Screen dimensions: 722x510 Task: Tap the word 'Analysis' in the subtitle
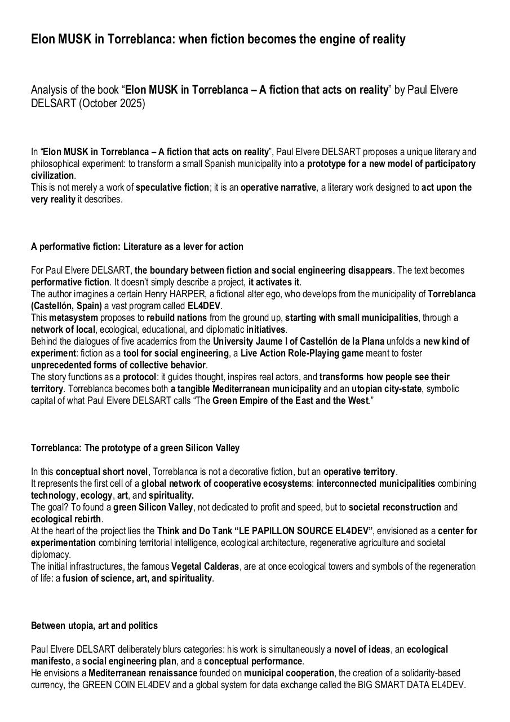point(49,90)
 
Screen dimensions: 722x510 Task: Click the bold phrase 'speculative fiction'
point(172,187)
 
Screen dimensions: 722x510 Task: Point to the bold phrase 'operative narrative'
point(278,187)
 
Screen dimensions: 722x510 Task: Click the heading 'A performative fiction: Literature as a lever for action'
point(137,246)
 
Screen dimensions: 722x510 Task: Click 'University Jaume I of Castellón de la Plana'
point(298,341)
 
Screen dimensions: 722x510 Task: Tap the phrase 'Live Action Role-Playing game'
point(301,353)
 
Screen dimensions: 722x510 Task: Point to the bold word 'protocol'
point(140,377)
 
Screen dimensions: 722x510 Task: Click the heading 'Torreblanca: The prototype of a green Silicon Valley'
point(135,448)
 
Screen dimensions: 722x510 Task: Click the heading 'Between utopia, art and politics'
point(94,626)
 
